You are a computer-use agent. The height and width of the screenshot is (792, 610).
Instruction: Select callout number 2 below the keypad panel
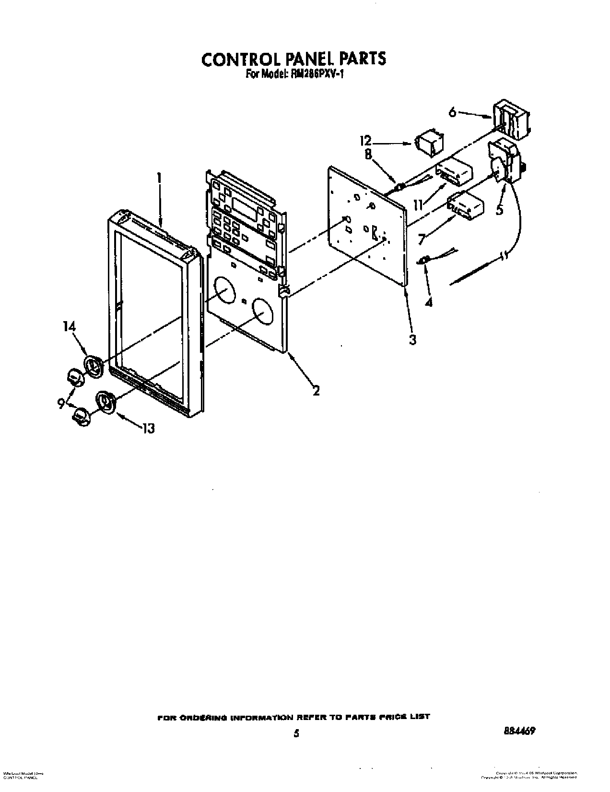point(316,390)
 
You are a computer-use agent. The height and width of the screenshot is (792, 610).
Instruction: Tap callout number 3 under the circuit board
point(412,339)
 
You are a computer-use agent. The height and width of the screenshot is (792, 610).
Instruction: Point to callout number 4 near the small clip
point(429,302)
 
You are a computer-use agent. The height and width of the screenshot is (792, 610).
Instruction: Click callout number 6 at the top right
point(452,113)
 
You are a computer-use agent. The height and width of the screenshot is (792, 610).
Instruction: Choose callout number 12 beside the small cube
point(366,141)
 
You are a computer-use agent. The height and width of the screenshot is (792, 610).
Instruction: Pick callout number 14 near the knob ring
point(69,326)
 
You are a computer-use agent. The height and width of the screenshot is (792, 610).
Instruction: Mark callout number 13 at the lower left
point(149,428)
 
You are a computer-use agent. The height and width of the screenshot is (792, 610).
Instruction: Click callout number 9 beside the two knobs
point(61,404)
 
